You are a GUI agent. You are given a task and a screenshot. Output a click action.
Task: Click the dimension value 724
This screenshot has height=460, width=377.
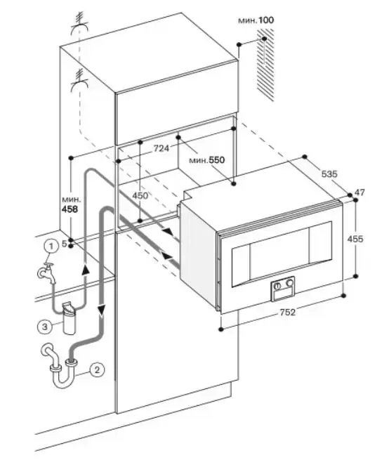coord(161,148)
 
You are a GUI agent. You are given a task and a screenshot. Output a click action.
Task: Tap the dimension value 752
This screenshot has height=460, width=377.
coord(288,313)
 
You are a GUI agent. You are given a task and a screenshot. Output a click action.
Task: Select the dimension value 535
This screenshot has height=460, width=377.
coord(329,174)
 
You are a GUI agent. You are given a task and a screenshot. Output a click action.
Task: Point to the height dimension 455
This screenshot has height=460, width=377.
coord(355,239)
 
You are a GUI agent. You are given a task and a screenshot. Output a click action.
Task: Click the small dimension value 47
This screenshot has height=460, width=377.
coord(359,192)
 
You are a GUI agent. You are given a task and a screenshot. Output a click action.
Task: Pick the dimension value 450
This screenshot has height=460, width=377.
coord(140,195)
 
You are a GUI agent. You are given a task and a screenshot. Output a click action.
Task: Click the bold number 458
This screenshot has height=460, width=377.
coord(70,209)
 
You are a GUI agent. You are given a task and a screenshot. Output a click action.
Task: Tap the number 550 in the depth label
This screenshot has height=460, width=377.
coord(217,160)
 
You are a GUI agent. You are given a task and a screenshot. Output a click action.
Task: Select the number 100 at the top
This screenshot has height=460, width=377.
coord(266,20)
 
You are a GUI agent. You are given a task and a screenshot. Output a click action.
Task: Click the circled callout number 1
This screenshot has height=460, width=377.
coord(51,246)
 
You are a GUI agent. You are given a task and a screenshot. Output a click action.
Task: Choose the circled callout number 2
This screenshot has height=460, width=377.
coord(98,369)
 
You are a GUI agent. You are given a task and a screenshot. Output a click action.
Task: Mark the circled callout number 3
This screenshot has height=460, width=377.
coord(44,327)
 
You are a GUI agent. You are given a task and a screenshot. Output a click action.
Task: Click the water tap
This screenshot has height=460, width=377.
coord(47,272)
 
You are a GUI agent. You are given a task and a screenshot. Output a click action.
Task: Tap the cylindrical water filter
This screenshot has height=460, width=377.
coord(70,318)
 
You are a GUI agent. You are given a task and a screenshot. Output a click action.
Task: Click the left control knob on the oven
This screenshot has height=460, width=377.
coord(277,286)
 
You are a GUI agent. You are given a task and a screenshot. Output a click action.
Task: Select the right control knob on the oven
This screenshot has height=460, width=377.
coord(290,283)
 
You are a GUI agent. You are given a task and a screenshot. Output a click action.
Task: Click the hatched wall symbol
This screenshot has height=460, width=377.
coord(265,65)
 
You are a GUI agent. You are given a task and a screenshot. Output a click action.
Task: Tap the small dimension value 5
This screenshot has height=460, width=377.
coord(65,244)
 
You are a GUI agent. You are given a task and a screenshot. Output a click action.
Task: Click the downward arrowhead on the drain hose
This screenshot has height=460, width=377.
coord(102,310)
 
